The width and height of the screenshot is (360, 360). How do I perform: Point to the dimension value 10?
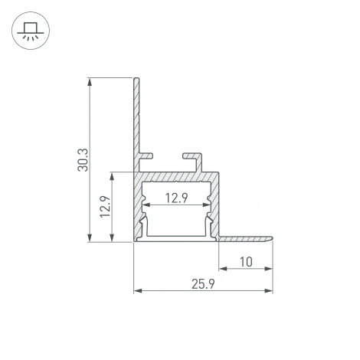pyautogui.click(x=245, y=262)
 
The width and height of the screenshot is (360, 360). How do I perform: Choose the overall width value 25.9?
pyautogui.click(x=203, y=284)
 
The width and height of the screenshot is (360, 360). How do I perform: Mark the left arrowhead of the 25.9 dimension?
pyautogui.click(x=139, y=291)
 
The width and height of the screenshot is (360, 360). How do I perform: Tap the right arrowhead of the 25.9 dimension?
pyautogui.click(x=269, y=291)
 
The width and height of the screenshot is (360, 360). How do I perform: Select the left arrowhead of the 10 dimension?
pyautogui.click(x=224, y=270)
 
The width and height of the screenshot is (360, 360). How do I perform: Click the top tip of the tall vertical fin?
pyautogui.click(x=137, y=79)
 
